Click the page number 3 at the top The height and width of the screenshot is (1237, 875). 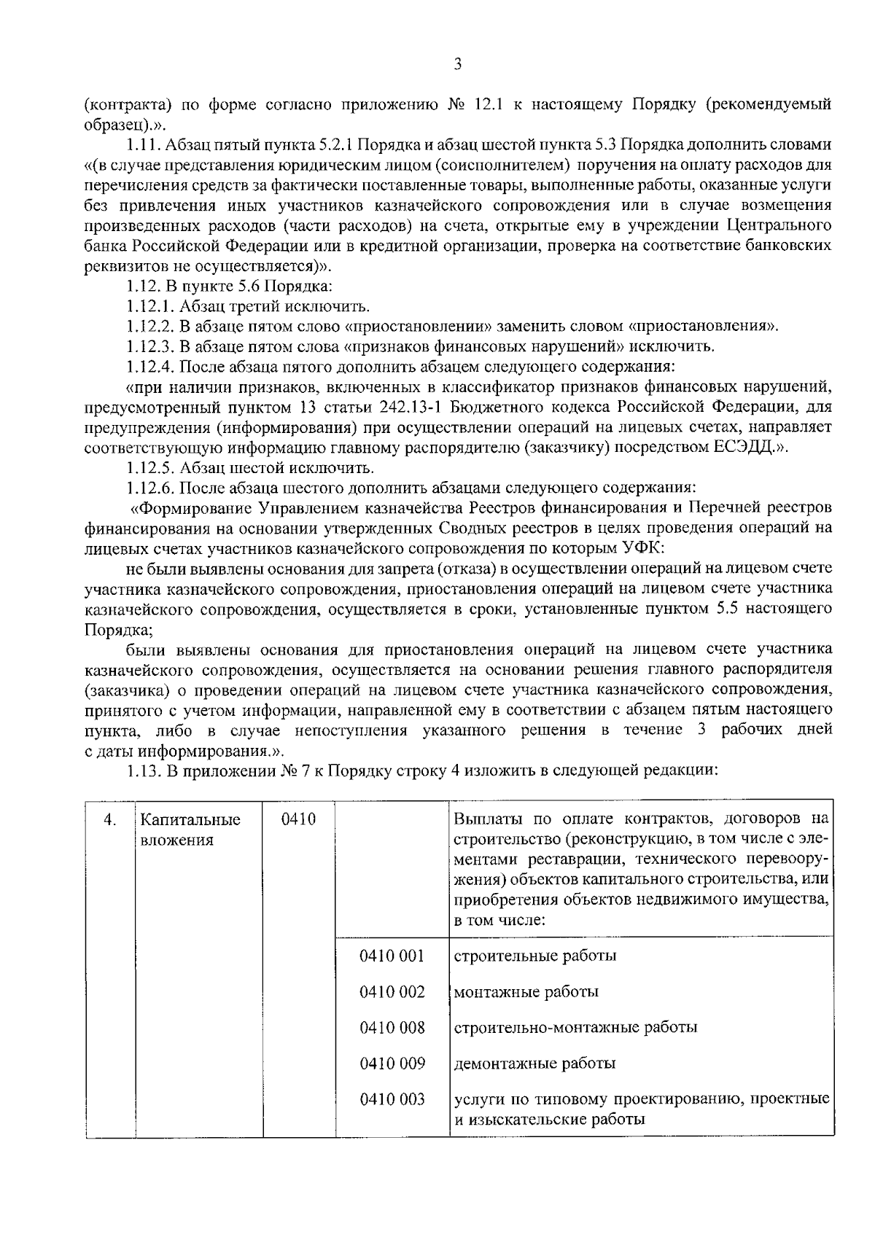[457, 65]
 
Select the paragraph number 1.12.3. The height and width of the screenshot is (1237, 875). [150, 346]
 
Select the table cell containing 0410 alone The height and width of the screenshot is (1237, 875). [297, 819]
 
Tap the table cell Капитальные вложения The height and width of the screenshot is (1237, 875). [190, 830]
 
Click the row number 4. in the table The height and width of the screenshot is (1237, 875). [110, 820]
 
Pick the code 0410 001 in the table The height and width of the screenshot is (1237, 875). [392, 956]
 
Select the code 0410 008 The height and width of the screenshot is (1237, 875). [392, 1027]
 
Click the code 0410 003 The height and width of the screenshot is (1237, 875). [392, 1099]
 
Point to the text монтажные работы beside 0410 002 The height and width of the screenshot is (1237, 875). [526, 992]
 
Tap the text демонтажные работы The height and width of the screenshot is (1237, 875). [534, 1064]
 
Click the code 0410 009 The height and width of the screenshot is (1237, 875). [392, 1064]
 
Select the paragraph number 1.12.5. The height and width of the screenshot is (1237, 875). [150, 467]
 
